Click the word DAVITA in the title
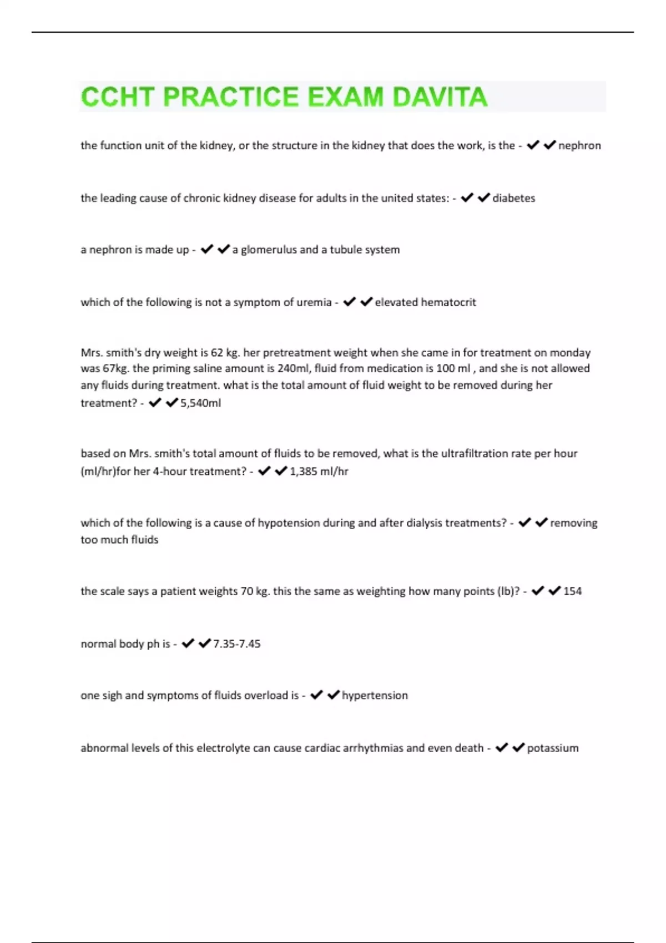point(440,97)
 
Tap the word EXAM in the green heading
point(345,97)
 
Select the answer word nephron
point(579,145)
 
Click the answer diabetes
point(514,198)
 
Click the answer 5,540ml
point(201,403)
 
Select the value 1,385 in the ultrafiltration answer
point(304,471)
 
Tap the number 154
point(573,591)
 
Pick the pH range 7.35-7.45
point(237,644)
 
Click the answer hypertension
point(375,696)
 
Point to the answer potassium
point(553,748)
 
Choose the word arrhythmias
point(373,748)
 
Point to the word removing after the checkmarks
point(574,523)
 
